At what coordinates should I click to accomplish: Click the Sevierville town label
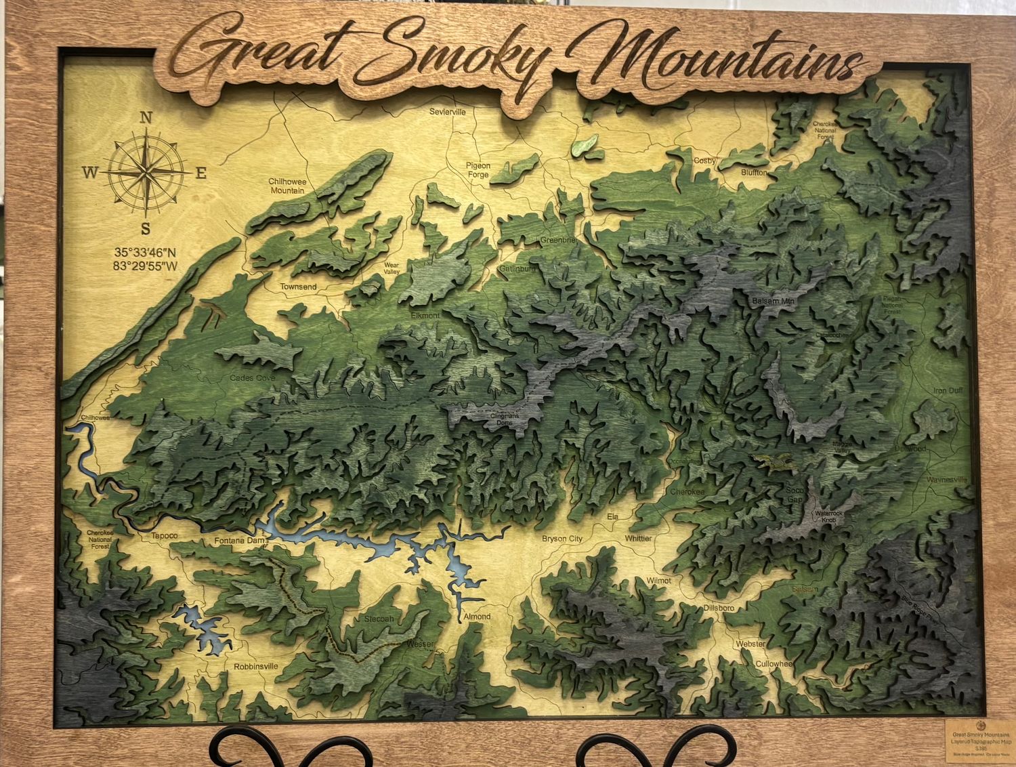point(448,112)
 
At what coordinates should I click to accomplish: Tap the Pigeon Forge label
point(478,170)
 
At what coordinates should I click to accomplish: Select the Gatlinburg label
point(517,269)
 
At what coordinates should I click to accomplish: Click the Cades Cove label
point(252,377)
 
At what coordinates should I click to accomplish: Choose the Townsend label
point(299,287)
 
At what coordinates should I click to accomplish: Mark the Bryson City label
point(562,539)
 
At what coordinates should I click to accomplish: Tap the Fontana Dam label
point(237,541)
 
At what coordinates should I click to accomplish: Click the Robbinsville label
point(256,666)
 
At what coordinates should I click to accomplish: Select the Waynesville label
point(946,480)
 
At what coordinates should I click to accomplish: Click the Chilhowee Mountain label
point(287,186)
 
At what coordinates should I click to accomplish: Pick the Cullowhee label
point(774,664)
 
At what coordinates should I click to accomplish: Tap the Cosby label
point(704,161)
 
